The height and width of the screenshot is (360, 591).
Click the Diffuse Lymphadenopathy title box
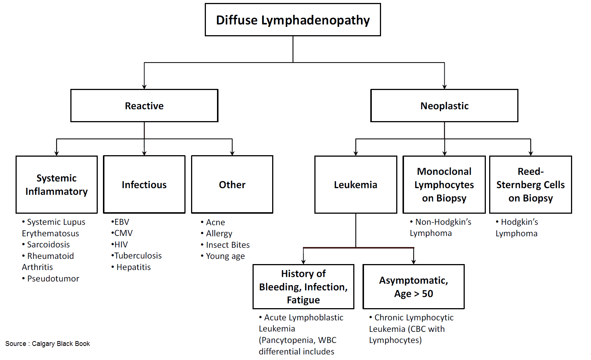(x=293, y=20)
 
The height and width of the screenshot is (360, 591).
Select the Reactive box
(x=144, y=106)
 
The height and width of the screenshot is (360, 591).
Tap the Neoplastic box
(x=444, y=106)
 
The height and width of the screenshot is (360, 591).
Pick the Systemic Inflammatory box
(x=57, y=184)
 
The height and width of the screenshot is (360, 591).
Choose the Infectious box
(x=144, y=184)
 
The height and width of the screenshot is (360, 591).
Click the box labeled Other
(x=232, y=184)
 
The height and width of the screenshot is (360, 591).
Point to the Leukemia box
(x=355, y=184)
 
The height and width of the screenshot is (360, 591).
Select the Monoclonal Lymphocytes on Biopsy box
(x=444, y=184)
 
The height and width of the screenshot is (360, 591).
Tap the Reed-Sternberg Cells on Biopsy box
(x=530, y=184)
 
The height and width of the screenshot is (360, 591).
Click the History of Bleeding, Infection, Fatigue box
(x=303, y=287)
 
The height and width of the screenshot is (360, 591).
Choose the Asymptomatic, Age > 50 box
(x=413, y=287)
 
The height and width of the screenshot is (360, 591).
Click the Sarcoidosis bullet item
(x=48, y=244)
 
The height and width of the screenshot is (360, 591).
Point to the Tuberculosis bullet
(x=138, y=256)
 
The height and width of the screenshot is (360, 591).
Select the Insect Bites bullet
(x=227, y=245)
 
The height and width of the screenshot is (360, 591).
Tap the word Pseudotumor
(x=53, y=279)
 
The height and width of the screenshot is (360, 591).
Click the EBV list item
(x=121, y=222)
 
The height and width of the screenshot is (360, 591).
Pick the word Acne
(x=215, y=222)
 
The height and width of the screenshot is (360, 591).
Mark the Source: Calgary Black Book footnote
(x=48, y=344)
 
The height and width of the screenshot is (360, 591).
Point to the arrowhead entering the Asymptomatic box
(x=414, y=262)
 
